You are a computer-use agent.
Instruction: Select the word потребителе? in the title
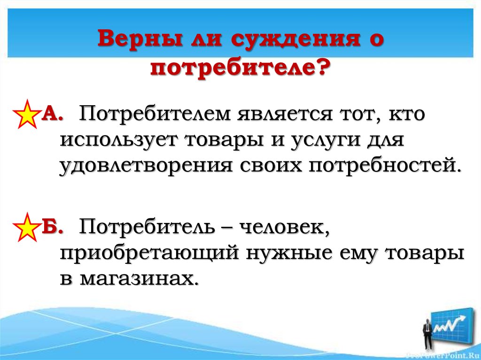(x=240, y=69)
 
